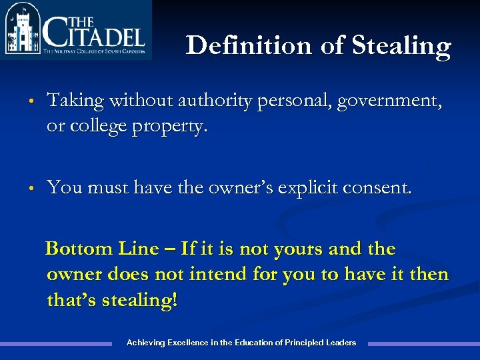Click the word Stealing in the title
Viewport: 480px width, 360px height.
pyautogui.click(x=401, y=46)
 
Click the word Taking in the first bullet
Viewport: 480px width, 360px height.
pyautogui.click(x=75, y=101)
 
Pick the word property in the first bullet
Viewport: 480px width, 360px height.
pyautogui.click(x=174, y=126)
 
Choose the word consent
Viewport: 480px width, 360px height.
pyautogui.click(x=379, y=189)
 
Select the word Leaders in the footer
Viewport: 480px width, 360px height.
pyautogui.click(x=341, y=343)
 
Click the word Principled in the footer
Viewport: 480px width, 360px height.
pyautogui.click(x=304, y=343)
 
